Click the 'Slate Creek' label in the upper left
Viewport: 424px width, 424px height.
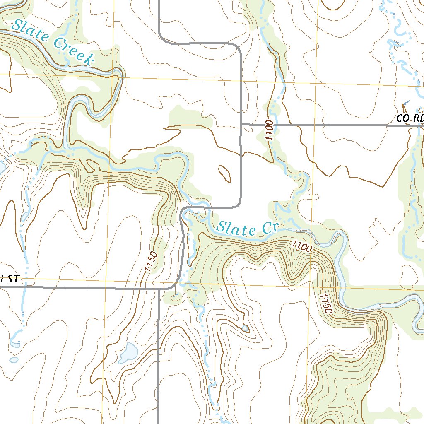click(52, 42)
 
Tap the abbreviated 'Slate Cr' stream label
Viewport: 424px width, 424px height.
click(249, 228)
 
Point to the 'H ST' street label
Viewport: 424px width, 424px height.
click(9, 279)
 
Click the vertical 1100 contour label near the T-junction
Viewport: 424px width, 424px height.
click(270, 130)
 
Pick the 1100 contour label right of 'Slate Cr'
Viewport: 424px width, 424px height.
click(301, 247)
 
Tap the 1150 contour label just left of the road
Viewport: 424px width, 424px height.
click(151, 261)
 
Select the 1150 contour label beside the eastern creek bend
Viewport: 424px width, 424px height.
click(326, 306)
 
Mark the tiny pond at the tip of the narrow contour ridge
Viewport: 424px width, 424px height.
click(246, 329)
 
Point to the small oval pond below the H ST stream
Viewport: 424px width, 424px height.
click(14, 360)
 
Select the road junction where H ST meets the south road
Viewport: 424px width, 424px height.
click(159, 288)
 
